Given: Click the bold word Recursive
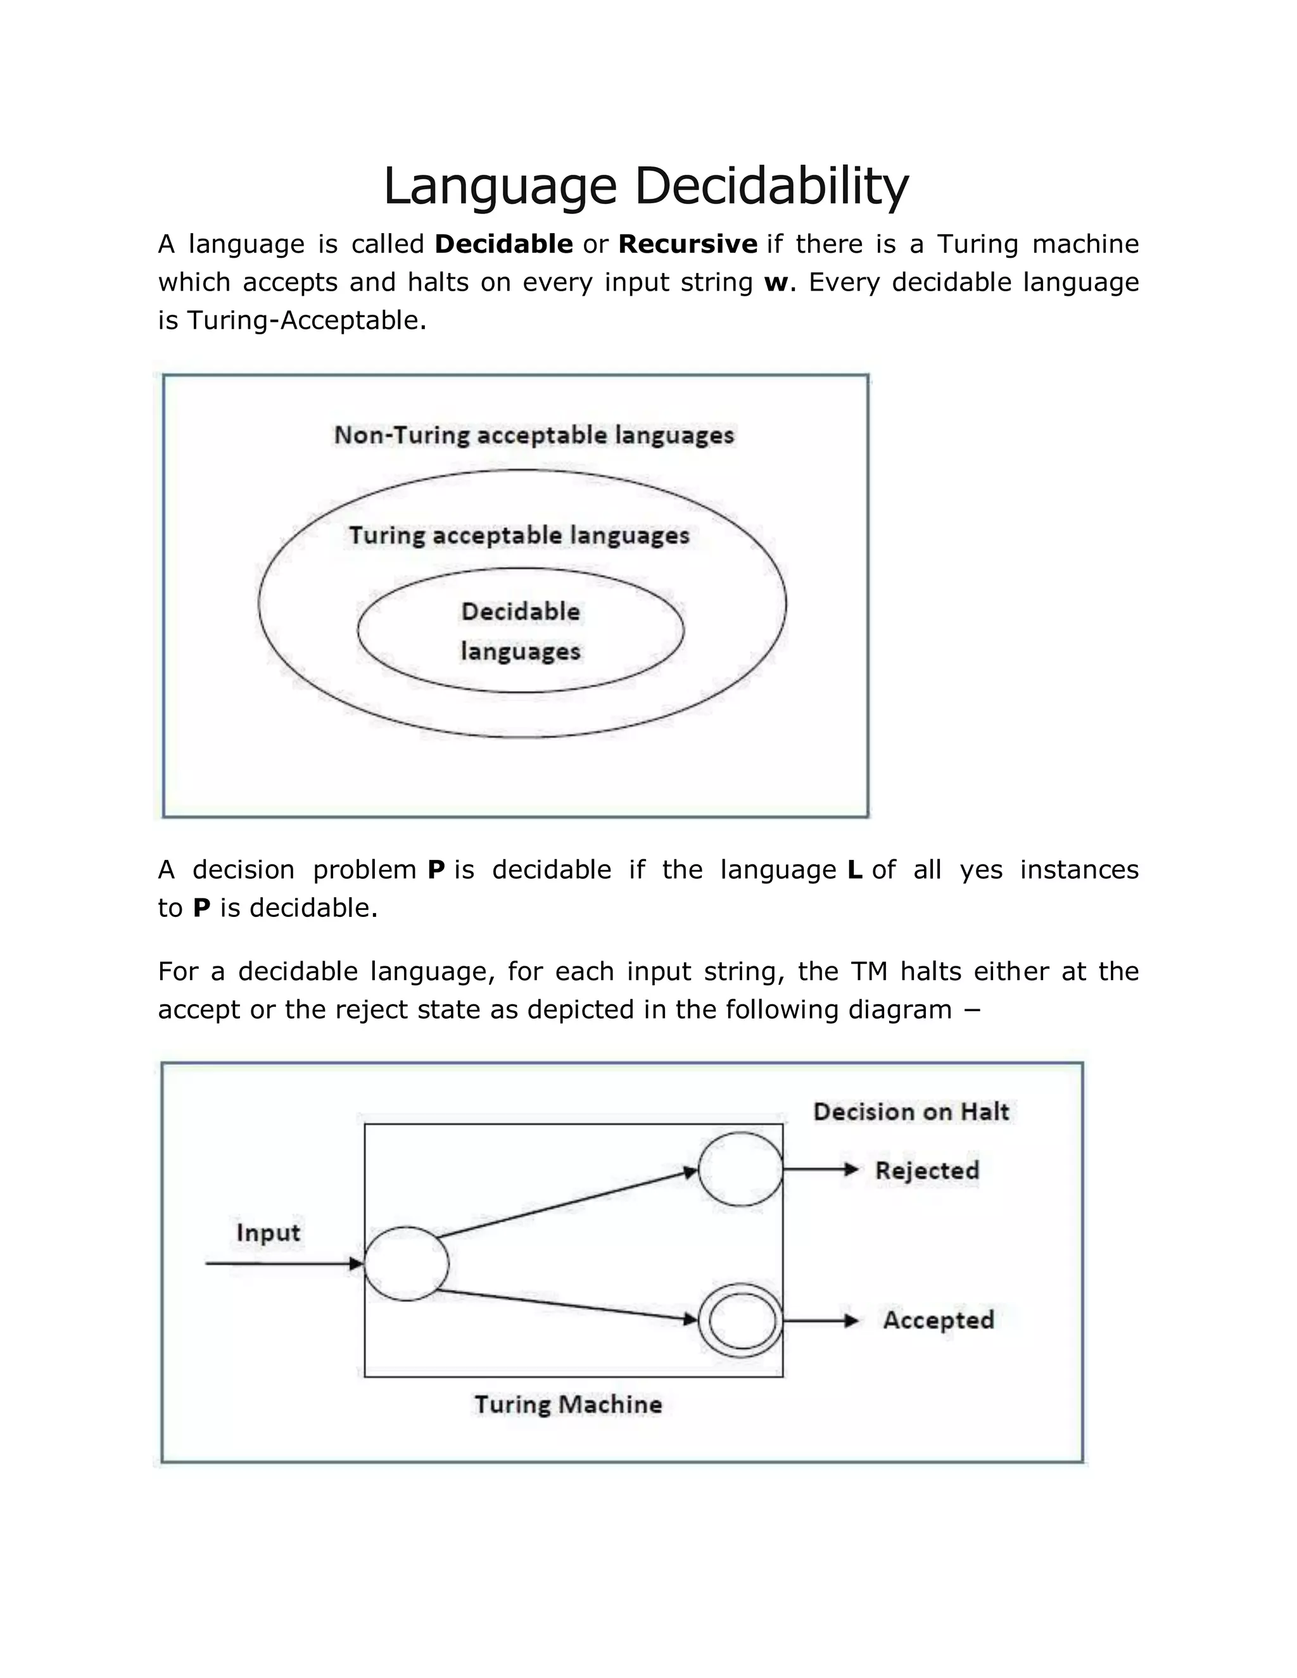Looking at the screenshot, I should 688,244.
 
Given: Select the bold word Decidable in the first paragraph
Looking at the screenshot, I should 503,244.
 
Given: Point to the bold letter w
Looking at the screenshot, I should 775,283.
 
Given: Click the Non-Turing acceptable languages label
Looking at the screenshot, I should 534,436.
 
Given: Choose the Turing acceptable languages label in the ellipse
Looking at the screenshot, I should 519,536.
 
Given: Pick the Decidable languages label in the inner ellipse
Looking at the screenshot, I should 520,631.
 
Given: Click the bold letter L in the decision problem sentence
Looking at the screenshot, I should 854,870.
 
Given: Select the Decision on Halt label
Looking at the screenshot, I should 911,1112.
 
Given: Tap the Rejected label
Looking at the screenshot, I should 927,1170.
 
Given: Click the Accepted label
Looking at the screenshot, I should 938,1320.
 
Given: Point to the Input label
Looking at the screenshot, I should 267,1232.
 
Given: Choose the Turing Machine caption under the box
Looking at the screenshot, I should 568,1404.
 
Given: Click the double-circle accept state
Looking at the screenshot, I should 741,1320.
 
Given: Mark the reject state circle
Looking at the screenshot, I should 740,1170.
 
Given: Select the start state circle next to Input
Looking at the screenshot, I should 406,1264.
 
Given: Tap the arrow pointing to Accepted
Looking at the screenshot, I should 820,1320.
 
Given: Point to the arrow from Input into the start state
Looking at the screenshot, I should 284,1264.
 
